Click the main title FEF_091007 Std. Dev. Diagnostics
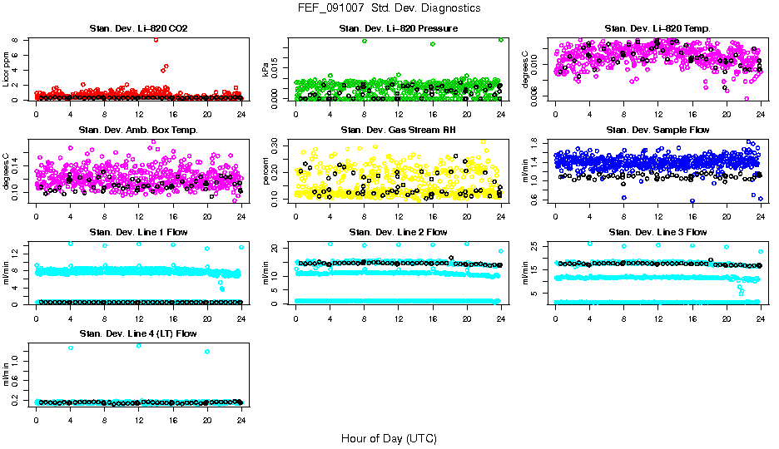tap(389, 7)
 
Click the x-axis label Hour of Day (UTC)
tap(389, 438)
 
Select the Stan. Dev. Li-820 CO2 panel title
tap(138, 29)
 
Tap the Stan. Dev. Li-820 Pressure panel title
tap(398, 29)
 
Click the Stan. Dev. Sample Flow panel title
tap(657, 131)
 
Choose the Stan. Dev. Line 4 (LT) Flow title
tap(138, 333)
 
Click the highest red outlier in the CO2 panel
tap(156, 40)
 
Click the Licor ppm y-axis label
tap(6, 71)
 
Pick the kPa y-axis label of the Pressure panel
tap(265, 71)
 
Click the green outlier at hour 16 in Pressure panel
tap(433, 44)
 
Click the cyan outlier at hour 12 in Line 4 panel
tap(138, 345)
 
